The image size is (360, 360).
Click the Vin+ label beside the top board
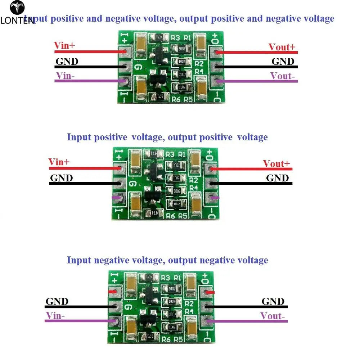(x=64, y=46)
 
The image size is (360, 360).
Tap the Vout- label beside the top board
(x=283, y=76)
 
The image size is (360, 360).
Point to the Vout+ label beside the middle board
(x=276, y=163)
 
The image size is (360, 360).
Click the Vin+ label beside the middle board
(x=59, y=162)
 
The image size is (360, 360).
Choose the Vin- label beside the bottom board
(x=55, y=316)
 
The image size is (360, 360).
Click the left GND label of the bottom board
(x=57, y=301)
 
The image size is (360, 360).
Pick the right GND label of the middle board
(x=277, y=178)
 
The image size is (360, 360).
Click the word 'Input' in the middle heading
(x=79, y=137)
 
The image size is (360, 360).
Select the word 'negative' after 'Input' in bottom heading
(x=111, y=260)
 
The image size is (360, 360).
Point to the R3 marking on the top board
(x=175, y=37)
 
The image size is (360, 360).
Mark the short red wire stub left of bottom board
(x=112, y=292)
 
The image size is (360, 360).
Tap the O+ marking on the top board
(x=215, y=37)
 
